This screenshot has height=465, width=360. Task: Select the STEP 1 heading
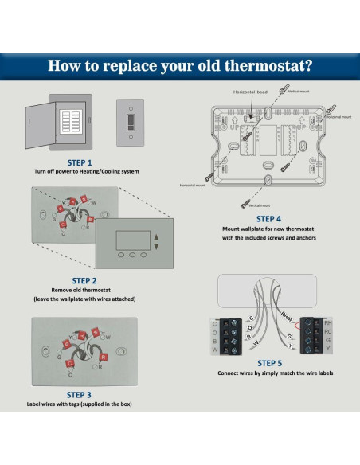(89, 162)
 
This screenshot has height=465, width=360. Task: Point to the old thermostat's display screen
(131, 240)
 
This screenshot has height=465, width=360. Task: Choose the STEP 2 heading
(84, 280)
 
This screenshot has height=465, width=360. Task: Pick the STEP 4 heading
(268, 218)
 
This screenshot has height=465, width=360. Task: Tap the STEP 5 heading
(269, 362)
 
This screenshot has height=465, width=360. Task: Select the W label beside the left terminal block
(215, 351)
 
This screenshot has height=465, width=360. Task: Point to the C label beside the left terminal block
(215, 323)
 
